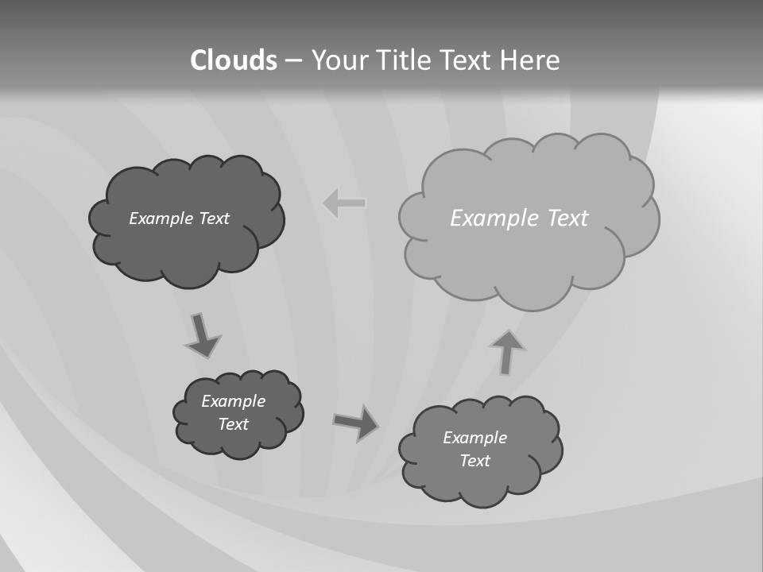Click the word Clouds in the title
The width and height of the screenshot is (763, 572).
[234, 60]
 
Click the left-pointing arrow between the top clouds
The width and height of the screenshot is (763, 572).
[344, 203]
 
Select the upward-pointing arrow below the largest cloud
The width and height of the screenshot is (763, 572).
[506, 352]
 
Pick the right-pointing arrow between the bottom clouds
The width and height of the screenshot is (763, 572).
[355, 422]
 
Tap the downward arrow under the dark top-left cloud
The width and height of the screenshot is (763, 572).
[202, 334]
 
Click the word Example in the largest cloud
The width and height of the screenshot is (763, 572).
[487, 218]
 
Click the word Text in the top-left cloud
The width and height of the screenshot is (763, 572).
[214, 218]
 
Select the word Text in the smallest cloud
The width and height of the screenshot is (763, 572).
[234, 424]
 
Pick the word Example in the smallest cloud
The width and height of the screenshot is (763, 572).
[234, 401]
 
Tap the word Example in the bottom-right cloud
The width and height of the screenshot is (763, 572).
[475, 438]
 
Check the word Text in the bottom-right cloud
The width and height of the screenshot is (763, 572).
[475, 461]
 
